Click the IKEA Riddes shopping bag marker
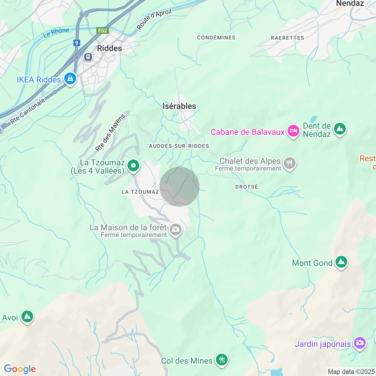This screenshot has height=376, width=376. pos(70,78)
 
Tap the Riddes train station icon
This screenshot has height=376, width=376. pos(88,57)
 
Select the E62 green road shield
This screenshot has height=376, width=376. pos(103,31)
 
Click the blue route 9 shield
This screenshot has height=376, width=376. pos(77,43)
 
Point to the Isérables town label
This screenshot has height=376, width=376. pos(179,106)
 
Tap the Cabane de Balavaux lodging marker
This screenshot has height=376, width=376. pos(293,131)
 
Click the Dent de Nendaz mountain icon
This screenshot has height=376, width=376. pos(340,129)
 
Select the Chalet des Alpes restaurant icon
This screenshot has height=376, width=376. pos(290,163)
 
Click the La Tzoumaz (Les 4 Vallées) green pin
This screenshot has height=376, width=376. pos(133,166)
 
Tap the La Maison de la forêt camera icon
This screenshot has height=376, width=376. pos(176,229)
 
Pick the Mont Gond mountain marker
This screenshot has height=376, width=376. pos(341,261)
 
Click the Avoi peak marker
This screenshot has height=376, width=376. pos(27,316)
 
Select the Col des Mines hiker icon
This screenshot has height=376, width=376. pos(222,360)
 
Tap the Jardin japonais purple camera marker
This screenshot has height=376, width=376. pos(360,343)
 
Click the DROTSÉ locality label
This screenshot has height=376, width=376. pos(247,187)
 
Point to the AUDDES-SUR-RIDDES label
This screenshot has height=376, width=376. pos(179,146)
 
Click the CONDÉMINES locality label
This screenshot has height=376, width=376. pos(216,38)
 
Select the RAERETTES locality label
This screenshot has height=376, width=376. pos(287,38)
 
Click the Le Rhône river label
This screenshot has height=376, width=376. pos(56,33)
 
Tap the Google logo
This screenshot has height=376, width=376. pos(20,369)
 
